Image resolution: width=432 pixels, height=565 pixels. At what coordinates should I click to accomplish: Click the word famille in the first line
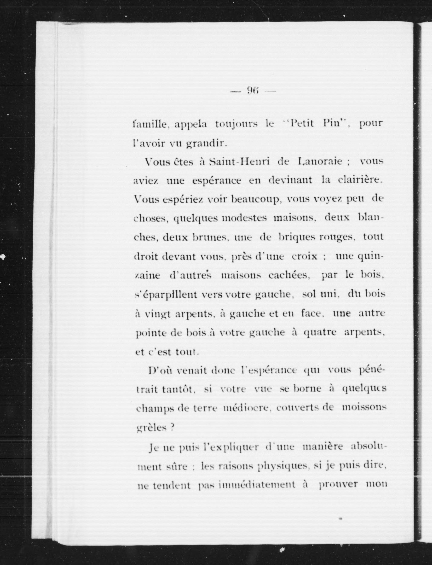pos(150,124)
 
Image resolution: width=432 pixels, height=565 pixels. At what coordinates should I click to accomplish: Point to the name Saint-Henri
pos(239,162)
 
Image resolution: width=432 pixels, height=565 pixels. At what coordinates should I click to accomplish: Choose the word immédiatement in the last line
pos(256,485)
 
